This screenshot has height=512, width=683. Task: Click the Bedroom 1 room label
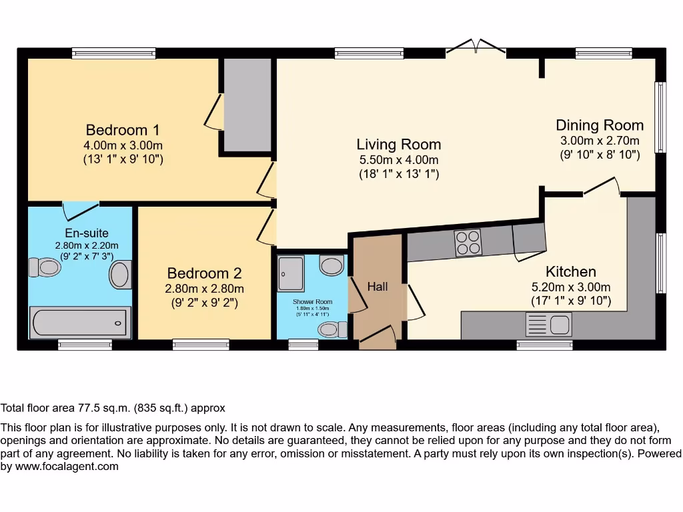(123, 129)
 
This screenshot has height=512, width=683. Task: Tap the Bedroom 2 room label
(204, 273)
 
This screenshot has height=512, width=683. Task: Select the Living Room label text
(398, 144)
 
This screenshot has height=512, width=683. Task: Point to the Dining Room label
(600, 125)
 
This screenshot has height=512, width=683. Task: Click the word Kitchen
(570, 272)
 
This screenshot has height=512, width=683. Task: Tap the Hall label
(378, 287)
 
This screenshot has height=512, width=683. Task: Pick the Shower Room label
(312, 302)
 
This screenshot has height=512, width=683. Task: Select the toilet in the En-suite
(45, 268)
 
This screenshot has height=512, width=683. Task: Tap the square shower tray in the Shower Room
(291, 273)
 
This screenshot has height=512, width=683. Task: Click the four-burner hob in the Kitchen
(468, 243)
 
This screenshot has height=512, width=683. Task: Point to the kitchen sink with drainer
(549, 325)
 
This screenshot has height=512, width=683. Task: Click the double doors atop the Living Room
(476, 47)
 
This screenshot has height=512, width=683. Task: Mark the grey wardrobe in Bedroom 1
(247, 105)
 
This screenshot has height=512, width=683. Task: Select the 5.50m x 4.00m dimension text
(398, 160)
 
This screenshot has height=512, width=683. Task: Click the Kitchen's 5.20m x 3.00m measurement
(570, 287)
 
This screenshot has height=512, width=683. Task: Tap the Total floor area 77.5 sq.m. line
(113, 408)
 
